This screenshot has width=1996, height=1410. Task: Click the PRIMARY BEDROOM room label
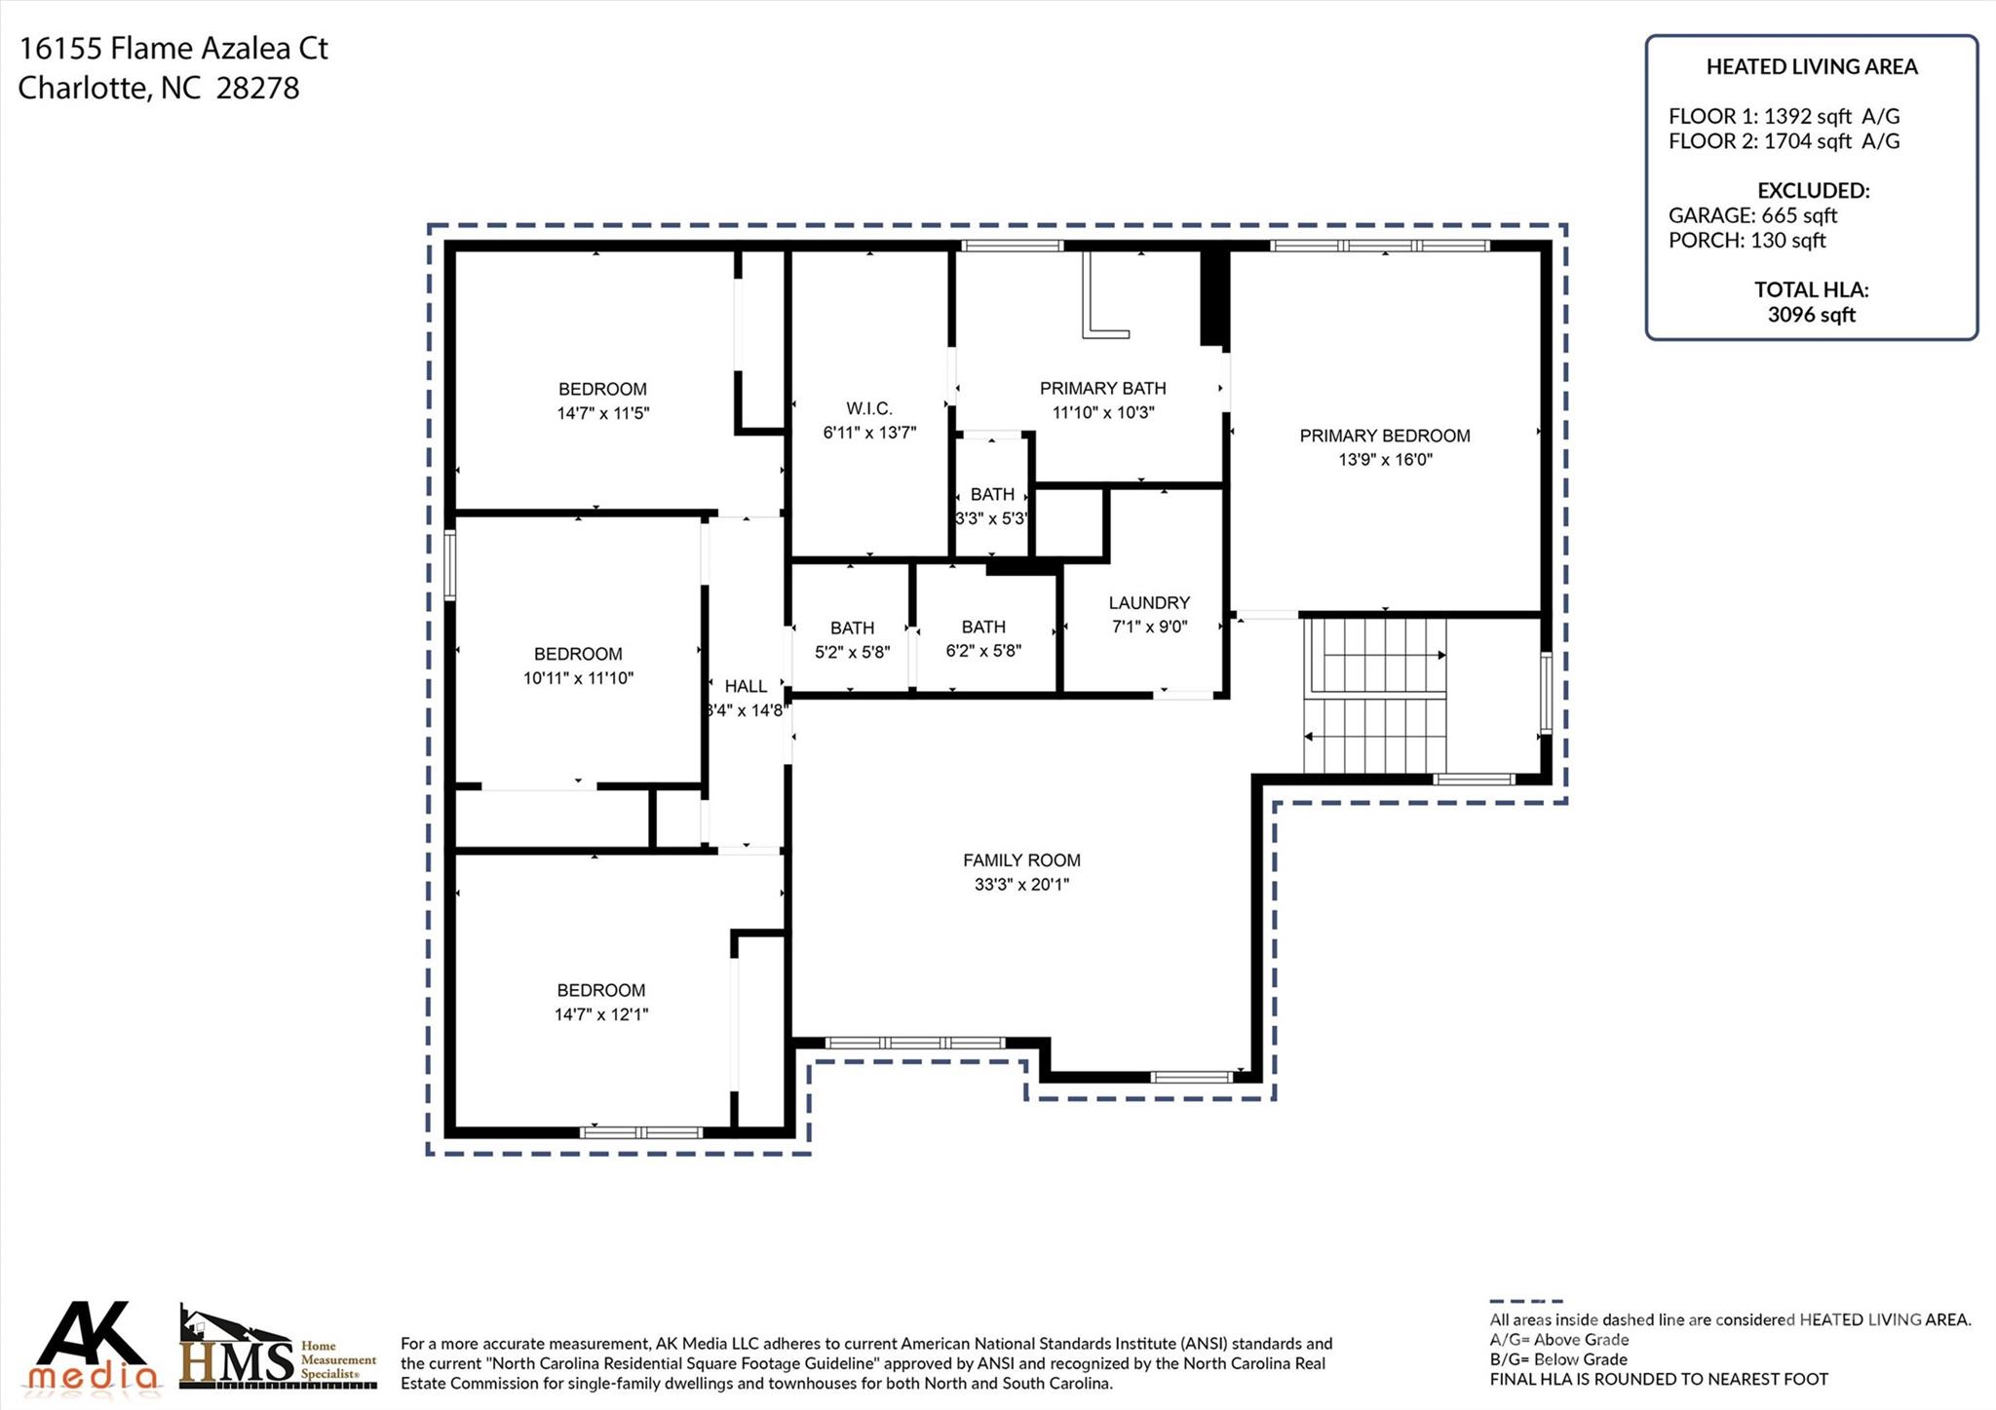coord(1384,436)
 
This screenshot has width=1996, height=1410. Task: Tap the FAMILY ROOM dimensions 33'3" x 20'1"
coord(1020,885)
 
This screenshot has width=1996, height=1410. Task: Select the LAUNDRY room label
coord(1149,603)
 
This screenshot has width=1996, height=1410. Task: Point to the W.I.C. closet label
coord(868,408)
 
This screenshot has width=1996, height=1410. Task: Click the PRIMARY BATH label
coord(1102,388)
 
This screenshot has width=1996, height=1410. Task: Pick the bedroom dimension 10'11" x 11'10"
coord(578,678)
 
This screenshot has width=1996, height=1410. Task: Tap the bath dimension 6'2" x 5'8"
coord(982,651)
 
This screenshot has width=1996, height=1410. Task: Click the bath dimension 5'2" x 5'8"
coord(852,652)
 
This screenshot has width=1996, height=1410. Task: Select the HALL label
coord(746,686)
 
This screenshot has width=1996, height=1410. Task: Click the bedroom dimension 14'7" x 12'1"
coord(600,1014)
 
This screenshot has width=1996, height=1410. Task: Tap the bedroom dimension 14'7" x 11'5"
coord(602,413)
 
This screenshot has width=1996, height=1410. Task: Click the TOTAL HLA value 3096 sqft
coord(1811,315)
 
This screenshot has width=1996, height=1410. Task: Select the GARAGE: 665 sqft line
coord(1751,215)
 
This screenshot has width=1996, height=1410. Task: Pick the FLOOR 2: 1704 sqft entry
coord(1783,141)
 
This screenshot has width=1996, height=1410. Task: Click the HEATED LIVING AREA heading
coord(1811,67)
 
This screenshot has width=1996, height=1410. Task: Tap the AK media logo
coord(93,1347)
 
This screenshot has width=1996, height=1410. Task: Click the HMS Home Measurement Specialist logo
coord(277,1349)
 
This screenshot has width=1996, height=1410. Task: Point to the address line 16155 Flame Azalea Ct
coord(173,48)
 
